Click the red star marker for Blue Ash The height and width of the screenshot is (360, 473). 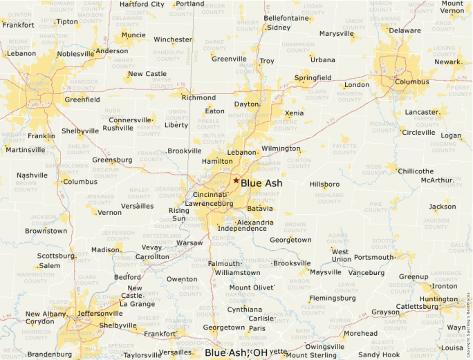coord(236,180)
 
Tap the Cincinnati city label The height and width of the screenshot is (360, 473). coord(211,196)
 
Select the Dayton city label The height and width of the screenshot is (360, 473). coord(246,104)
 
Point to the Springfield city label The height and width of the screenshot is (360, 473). coord(313,78)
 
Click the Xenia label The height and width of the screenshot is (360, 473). coord(294,113)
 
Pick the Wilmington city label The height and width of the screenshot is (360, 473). coord(281,149)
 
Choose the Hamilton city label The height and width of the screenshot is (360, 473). coord(217,161)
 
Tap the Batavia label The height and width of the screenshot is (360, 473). coord(260,208)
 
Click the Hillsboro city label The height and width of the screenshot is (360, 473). coord(324,184)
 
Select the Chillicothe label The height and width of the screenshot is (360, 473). coord(416,171)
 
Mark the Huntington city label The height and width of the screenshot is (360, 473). coord(438,299)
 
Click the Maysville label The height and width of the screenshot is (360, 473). coord(326,272)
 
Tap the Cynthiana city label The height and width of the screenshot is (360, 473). coord(245,310)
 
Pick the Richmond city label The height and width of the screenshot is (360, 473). coord(198,97)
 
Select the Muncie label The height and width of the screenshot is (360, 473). coord(133,35)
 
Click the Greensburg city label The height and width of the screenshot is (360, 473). coord(112,160)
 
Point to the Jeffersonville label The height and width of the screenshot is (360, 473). coord(101,313)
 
